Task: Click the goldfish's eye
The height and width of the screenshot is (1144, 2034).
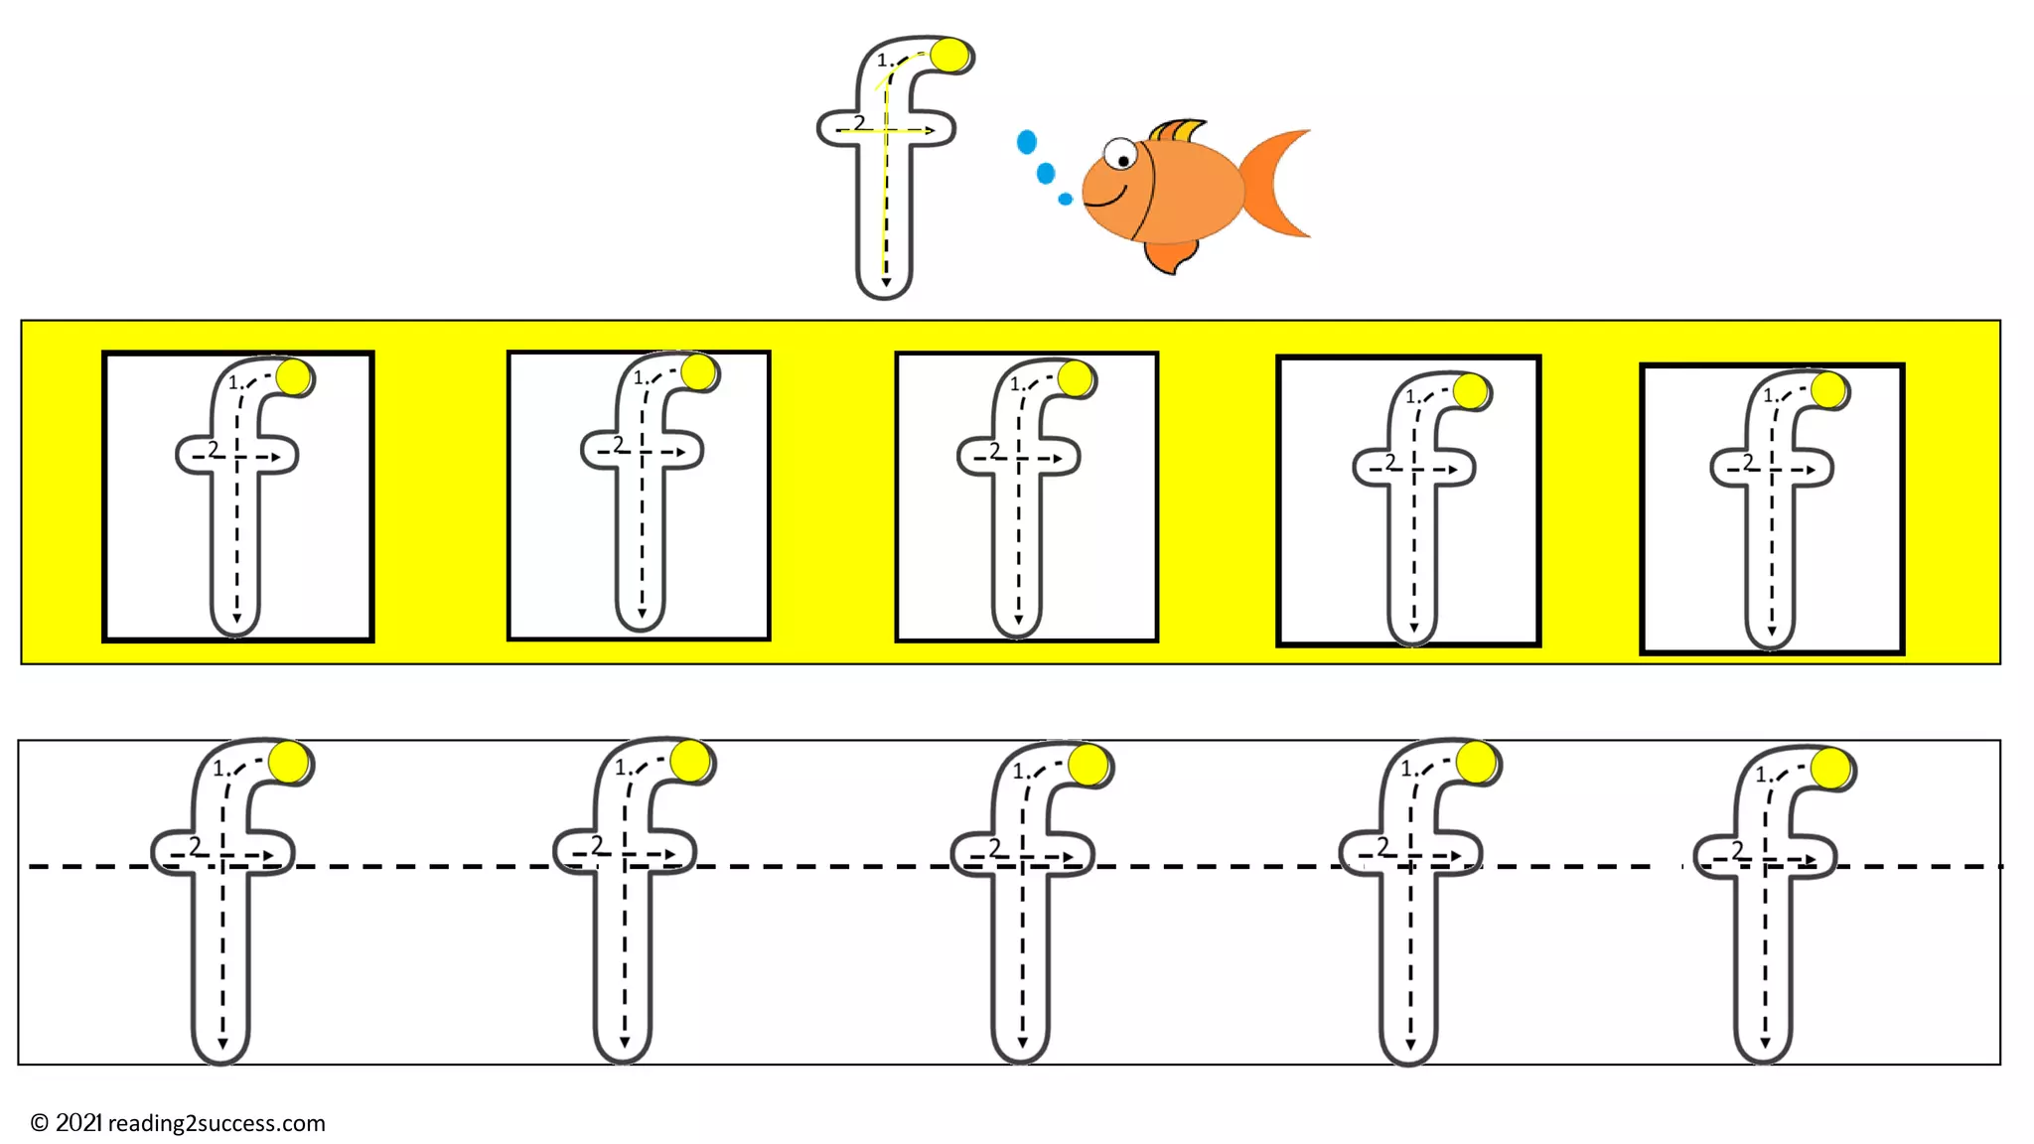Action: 1121,155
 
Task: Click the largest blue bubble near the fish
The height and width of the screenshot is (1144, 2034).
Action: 1027,143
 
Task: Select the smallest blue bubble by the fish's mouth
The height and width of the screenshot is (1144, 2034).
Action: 1065,200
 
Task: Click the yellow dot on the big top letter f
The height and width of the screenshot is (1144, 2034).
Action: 949,56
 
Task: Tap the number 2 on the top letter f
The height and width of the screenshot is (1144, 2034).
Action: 859,122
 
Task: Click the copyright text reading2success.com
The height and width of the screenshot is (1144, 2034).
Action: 179,1123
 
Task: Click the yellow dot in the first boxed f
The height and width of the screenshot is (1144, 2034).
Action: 294,377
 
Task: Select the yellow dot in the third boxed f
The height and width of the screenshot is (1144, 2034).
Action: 1075,378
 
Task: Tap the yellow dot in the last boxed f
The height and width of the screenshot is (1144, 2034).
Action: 1828,390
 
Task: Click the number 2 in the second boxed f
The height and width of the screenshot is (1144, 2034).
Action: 619,444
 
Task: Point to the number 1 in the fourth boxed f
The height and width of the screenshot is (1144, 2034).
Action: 1410,396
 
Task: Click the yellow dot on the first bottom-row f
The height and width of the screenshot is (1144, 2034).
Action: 289,763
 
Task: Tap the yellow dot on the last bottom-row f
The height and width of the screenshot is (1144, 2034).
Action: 1830,769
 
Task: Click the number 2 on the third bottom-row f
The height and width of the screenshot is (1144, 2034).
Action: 995,846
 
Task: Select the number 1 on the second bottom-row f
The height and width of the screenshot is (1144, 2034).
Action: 621,768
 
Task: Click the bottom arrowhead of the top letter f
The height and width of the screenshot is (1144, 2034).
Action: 886,283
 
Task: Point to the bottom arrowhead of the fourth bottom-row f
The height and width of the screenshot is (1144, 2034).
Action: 1410,1045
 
